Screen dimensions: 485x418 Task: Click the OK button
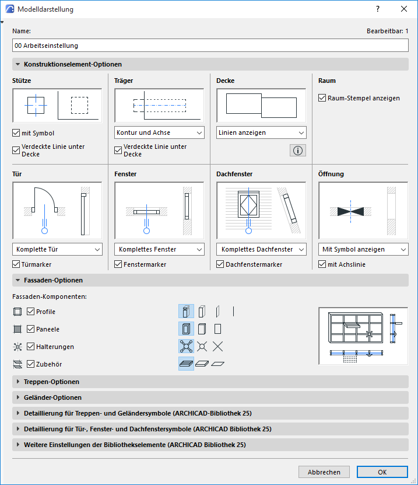(382, 472)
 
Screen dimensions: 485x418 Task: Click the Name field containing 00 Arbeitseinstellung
(210, 45)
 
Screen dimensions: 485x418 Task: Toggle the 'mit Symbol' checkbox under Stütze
(16, 133)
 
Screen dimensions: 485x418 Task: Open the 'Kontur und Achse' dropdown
(159, 132)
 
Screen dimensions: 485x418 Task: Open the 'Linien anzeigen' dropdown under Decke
(261, 132)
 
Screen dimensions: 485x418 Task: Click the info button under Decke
(297, 151)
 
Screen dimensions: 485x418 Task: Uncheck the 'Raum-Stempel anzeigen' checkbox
(322, 98)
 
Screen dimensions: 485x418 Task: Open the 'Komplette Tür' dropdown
(57, 249)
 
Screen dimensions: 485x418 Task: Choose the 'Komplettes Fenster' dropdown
(159, 249)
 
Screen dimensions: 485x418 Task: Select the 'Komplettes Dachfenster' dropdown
(262, 249)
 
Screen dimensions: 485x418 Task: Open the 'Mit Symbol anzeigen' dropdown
(363, 249)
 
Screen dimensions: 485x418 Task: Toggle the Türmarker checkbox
(16, 264)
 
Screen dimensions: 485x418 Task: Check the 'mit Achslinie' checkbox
(322, 264)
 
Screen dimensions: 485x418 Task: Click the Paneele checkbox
(31, 329)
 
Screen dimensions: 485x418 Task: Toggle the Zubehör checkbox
(31, 364)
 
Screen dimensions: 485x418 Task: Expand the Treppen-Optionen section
(51, 382)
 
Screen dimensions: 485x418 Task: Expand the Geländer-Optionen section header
(52, 397)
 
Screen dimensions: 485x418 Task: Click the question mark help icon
(378, 9)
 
